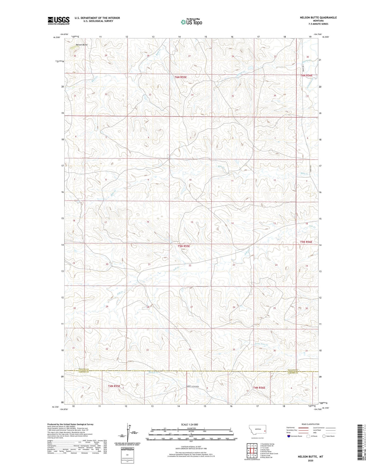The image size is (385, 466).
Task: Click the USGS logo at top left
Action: pyautogui.click(x=59, y=21)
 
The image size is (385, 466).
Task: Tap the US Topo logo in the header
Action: pyautogui.click(x=191, y=22)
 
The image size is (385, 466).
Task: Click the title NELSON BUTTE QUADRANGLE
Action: pyautogui.click(x=318, y=17)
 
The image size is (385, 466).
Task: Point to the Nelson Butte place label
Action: pyautogui.click(x=82, y=45)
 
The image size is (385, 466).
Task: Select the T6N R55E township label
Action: pyautogui.click(x=181, y=77)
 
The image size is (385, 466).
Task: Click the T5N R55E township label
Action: pyautogui.click(x=184, y=246)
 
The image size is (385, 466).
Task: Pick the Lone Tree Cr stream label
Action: pyautogui.click(x=261, y=344)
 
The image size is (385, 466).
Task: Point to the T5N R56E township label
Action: pyautogui.click(x=306, y=242)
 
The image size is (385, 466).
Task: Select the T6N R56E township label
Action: pyautogui.click(x=306, y=75)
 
